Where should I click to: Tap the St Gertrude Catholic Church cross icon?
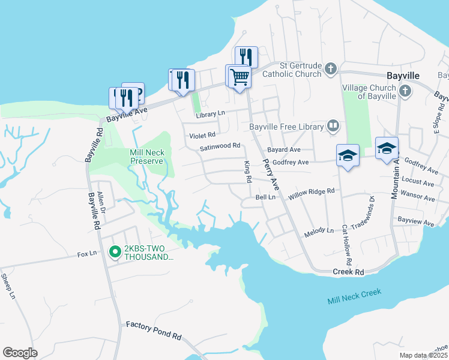[x=330, y=69]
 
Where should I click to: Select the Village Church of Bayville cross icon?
[x=405, y=91]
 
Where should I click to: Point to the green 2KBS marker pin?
[x=115, y=252]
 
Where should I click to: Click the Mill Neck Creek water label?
[x=354, y=296]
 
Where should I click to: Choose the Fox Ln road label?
[x=87, y=254]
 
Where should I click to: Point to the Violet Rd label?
[x=202, y=136]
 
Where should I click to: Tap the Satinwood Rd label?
[x=220, y=146]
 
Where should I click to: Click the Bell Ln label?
[x=265, y=197]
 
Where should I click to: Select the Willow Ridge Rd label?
[x=311, y=192]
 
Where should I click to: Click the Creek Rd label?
[x=349, y=272]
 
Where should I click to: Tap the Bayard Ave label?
[x=284, y=149]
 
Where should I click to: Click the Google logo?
[x=20, y=352]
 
